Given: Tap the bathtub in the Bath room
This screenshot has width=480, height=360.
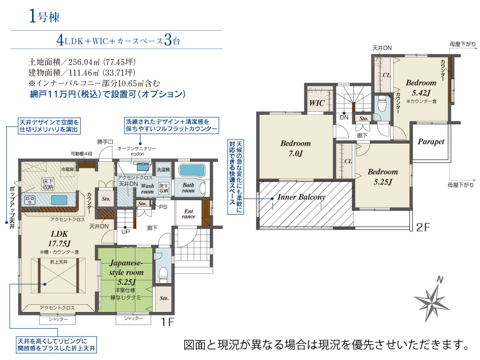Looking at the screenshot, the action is coord(192,171).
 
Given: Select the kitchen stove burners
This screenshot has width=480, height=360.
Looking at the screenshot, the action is coord(29,200).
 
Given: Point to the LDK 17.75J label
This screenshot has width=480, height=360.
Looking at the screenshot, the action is coord(59,239).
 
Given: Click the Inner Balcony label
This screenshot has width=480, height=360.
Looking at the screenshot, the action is coord(301,197).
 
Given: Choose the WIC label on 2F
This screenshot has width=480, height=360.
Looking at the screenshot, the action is coord(316,103).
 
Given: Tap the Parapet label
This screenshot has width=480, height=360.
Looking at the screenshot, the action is coord(431,142).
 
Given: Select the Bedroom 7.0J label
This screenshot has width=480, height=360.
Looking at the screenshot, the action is coord(295,148).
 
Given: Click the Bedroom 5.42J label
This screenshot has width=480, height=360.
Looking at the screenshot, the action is coord(421,87).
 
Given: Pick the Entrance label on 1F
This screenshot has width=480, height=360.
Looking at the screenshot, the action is coord(189,214).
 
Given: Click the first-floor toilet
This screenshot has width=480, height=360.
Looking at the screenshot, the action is coord(164,275).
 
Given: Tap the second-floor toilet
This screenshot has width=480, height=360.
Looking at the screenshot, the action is coord(382,104).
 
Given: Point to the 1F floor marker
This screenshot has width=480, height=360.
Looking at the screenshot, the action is coord(168,322).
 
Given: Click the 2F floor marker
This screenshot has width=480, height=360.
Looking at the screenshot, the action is coord(423,227).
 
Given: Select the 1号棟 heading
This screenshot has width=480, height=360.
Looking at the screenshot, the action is coord(44,16).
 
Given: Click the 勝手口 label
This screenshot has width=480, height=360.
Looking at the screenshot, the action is coord(105,142).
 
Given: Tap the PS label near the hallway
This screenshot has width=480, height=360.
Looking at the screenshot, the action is coord(163,207).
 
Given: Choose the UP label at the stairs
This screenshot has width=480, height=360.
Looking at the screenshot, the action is coord(125,232).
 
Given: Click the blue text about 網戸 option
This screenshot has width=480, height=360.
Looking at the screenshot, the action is coord(108,94).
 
